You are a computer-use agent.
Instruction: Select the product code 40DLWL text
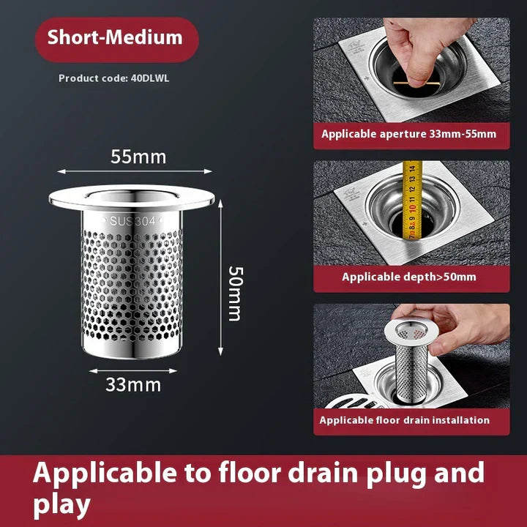click(113, 78)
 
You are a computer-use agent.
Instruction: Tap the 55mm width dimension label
click(138, 157)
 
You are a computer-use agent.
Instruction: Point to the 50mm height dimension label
click(234, 293)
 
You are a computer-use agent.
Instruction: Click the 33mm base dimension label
click(132, 384)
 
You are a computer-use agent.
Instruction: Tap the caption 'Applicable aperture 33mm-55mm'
click(408, 134)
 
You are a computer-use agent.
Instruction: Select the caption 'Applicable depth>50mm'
click(408, 277)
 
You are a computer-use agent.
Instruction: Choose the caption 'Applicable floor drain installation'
click(404, 420)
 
